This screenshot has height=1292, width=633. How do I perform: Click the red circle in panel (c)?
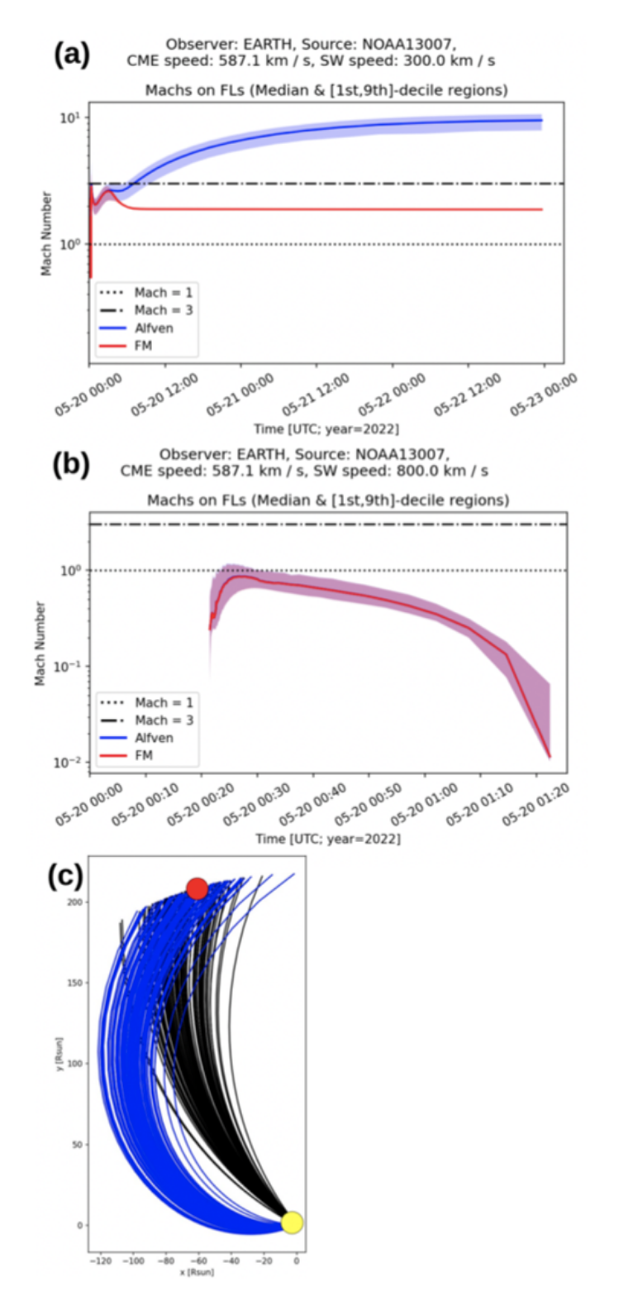click(x=197, y=888)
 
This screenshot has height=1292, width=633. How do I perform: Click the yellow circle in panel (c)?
click(x=292, y=1222)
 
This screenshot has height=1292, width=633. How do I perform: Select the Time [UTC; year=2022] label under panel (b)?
click(x=327, y=838)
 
